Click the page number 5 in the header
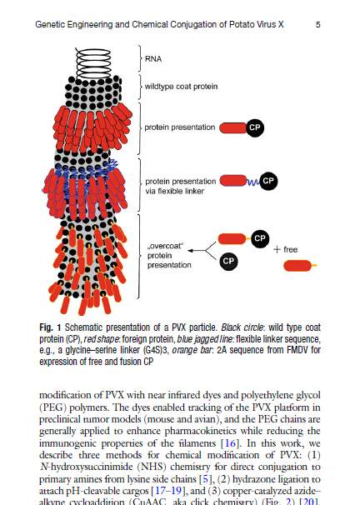(x=318, y=25)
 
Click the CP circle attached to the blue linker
(x=268, y=180)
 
